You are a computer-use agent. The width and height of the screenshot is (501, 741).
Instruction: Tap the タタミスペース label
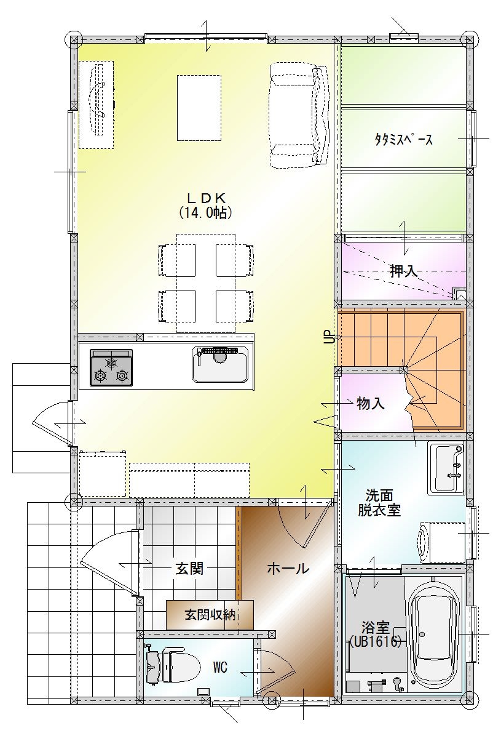[x=403, y=140]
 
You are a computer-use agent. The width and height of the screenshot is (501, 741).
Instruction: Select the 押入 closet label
[x=403, y=271]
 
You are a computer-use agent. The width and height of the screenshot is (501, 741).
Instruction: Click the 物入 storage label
[x=371, y=404]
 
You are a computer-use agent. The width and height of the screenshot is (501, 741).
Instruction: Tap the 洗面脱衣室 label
[x=379, y=503]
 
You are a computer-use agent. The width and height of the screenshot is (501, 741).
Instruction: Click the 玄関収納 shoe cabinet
[x=210, y=615]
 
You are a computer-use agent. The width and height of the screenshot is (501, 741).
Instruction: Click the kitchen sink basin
[x=220, y=364]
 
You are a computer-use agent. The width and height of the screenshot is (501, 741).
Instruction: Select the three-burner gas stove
[x=112, y=367]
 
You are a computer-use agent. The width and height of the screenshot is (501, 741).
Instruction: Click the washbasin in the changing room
[x=446, y=467]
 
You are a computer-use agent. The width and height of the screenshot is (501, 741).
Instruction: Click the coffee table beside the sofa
[x=199, y=108]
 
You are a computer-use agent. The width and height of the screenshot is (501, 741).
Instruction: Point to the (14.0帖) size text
[x=205, y=213]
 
